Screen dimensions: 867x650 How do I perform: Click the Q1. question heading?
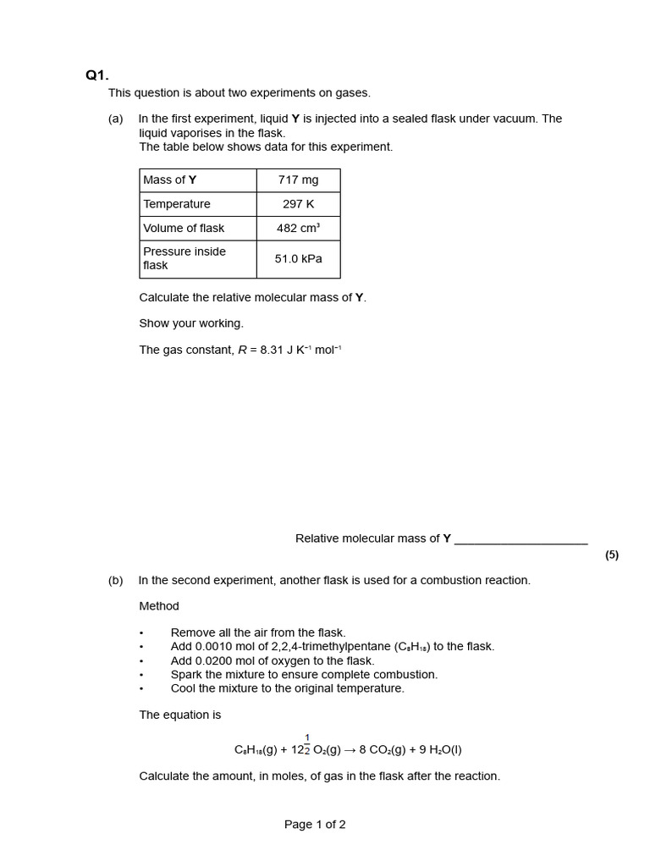tap(97, 75)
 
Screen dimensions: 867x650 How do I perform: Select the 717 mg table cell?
tap(298, 180)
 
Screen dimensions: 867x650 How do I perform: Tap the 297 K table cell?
tap(298, 204)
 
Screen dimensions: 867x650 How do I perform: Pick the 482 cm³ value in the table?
tap(298, 228)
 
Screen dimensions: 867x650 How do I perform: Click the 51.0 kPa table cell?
tap(298, 258)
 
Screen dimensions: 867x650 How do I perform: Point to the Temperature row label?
tap(177, 204)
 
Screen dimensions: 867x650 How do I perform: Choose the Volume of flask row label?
tap(184, 228)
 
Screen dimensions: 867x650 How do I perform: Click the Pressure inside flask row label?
tap(185, 258)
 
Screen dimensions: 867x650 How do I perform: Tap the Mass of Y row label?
tap(170, 180)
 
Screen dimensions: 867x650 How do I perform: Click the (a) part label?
tap(116, 119)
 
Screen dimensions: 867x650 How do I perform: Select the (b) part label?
tap(116, 581)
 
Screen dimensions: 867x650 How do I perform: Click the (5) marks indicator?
tap(612, 555)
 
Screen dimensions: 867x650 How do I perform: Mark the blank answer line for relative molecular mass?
tap(521, 540)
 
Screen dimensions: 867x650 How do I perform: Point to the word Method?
tap(159, 606)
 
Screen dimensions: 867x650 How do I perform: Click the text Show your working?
tap(191, 323)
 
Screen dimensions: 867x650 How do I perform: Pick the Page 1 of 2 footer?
tap(315, 825)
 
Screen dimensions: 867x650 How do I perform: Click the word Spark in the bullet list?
tap(185, 675)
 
